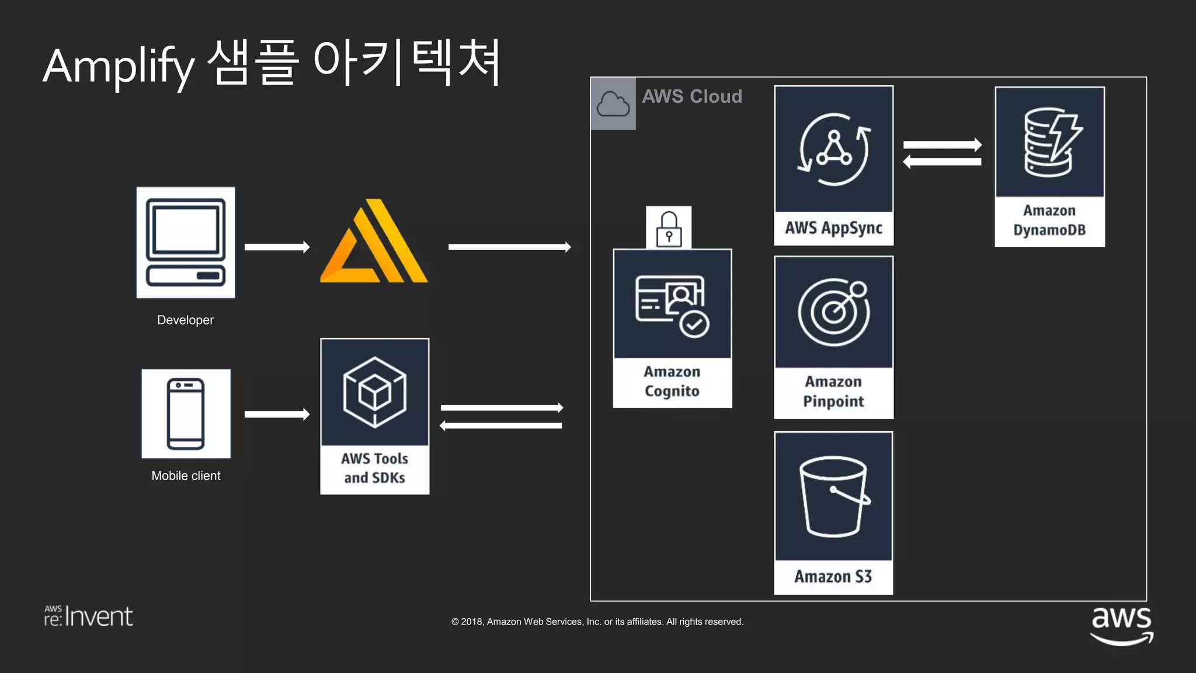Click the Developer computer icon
coord(186,242)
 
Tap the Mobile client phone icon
coord(186,414)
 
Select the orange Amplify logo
coord(374,242)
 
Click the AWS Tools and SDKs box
coord(374,416)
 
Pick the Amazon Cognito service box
coord(672,328)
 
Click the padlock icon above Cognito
coord(669,228)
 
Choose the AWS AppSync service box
coord(833,165)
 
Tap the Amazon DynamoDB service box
coord(1049,166)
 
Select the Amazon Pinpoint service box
coord(833,337)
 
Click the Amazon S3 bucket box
coord(833,513)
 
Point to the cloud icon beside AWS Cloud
coord(613,103)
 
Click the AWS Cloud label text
coord(692,96)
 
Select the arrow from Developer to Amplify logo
coord(277,247)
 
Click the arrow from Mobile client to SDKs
coord(277,414)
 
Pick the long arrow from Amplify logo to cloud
coord(509,247)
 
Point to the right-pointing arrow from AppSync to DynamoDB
coord(942,144)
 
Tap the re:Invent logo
coord(89,616)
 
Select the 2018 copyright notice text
coord(597,622)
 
